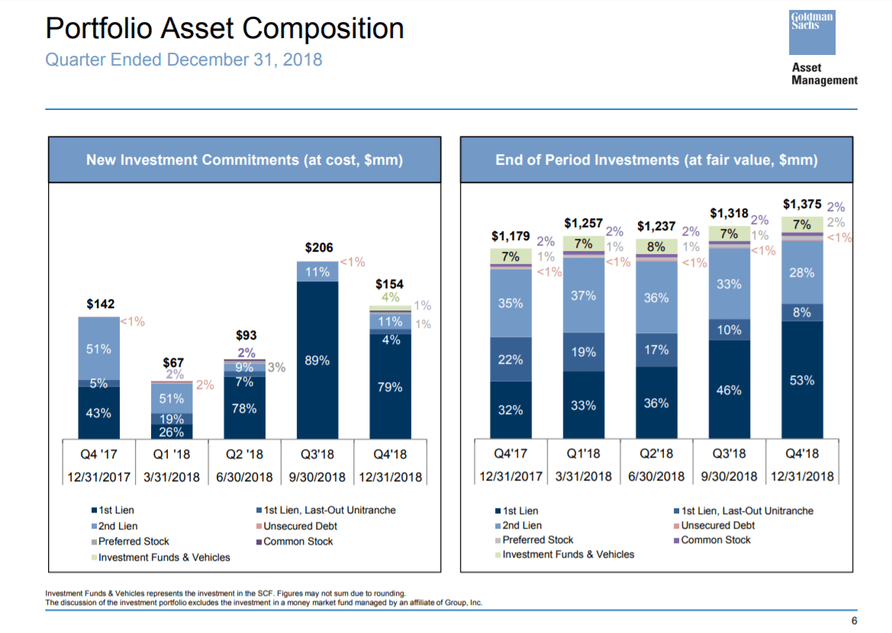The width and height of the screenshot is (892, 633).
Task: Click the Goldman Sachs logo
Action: point(813,31)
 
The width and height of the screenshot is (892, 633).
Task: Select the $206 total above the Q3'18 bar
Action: point(319,248)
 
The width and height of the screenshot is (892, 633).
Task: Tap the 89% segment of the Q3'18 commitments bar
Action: point(317,361)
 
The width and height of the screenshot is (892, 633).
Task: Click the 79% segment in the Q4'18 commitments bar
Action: point(390,387)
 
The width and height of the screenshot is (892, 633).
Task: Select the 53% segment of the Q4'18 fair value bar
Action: point(802,380)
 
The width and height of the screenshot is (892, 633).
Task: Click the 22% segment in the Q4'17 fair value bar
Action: point(510,360)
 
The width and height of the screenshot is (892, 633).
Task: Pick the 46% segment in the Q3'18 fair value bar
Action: point(729,390)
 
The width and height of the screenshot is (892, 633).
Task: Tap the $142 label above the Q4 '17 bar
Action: point(100,304)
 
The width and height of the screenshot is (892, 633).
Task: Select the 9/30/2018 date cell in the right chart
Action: point(729,477)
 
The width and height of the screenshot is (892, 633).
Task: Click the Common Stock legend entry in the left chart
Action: point(298,541)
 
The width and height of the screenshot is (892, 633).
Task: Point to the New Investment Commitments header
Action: point(244,160)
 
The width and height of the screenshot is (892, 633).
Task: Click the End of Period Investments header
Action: point(656,160)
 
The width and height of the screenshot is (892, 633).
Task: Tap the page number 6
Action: point(854,619)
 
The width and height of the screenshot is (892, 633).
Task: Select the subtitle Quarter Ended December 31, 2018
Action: point(184,59)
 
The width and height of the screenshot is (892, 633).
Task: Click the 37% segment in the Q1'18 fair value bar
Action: point(583,295)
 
